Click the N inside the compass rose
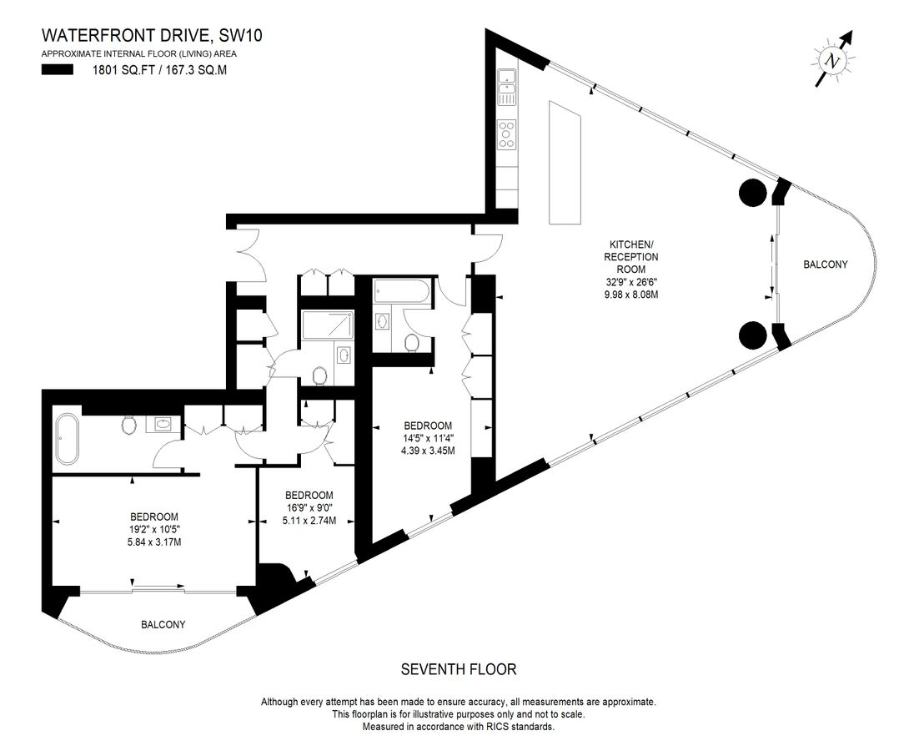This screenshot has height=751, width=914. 831,61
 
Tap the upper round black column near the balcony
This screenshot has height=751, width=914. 752,194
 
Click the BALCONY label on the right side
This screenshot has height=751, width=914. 825,265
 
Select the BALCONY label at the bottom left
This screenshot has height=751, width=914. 163,624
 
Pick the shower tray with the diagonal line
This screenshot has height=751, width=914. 327,325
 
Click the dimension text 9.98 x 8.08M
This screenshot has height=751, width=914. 631,295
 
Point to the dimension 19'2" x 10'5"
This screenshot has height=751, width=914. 154,529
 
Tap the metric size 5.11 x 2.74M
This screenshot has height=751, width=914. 309,521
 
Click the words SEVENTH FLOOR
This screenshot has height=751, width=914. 459,668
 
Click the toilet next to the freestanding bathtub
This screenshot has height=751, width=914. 129,426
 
